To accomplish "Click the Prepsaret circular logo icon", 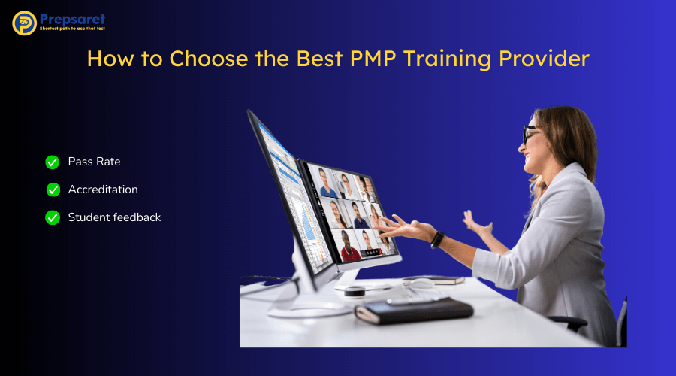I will pyautogui.click(x=24, y=23).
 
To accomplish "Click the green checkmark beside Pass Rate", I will pyautogui.click(x=53, y=162).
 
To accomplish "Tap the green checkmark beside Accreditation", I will pyautogui.click(x=53, y=190).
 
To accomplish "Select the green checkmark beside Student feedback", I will pyautogui.click(x=53, y=217).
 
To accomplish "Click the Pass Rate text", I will pyautogui.click(x=94, y=162).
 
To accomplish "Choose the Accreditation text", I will pyautogui.click(x=103, y=190).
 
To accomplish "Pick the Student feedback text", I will pyautogui.click(x=114, y=217).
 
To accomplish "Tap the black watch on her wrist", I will pyautogui.click(x=437, y=239).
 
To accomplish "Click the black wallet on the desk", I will pyautogui.click(x=414, y=309).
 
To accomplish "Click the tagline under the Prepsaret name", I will pyautogui.click(x=72, y=28).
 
